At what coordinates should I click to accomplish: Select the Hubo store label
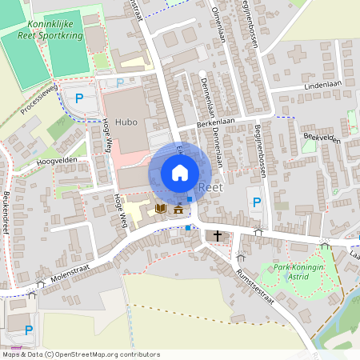[126, 122]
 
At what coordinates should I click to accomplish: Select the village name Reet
[210, 187]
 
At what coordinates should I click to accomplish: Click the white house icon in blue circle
[180, 172]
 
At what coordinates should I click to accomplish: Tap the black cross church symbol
[217, 235]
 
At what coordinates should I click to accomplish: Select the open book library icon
[160, 209]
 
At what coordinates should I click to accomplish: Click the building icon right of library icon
[178, 209]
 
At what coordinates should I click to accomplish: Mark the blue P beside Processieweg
[78, 98]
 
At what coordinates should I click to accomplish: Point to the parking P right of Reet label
[256, 202]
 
